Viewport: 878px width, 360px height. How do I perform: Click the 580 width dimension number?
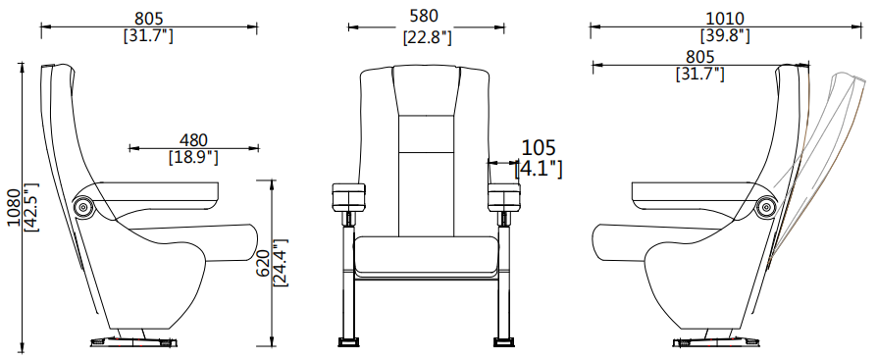(424, 17)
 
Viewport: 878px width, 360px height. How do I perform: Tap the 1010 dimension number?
(725, 19)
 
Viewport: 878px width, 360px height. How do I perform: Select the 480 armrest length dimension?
(193, 140)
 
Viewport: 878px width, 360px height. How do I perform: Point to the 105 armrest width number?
(539, 148)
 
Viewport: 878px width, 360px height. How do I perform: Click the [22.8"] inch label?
(428, 37)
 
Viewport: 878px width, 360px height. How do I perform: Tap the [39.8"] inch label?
(725, 35)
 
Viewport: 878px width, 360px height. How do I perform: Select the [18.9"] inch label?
(193, 157)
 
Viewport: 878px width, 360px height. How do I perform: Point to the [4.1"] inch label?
(539, 169)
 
